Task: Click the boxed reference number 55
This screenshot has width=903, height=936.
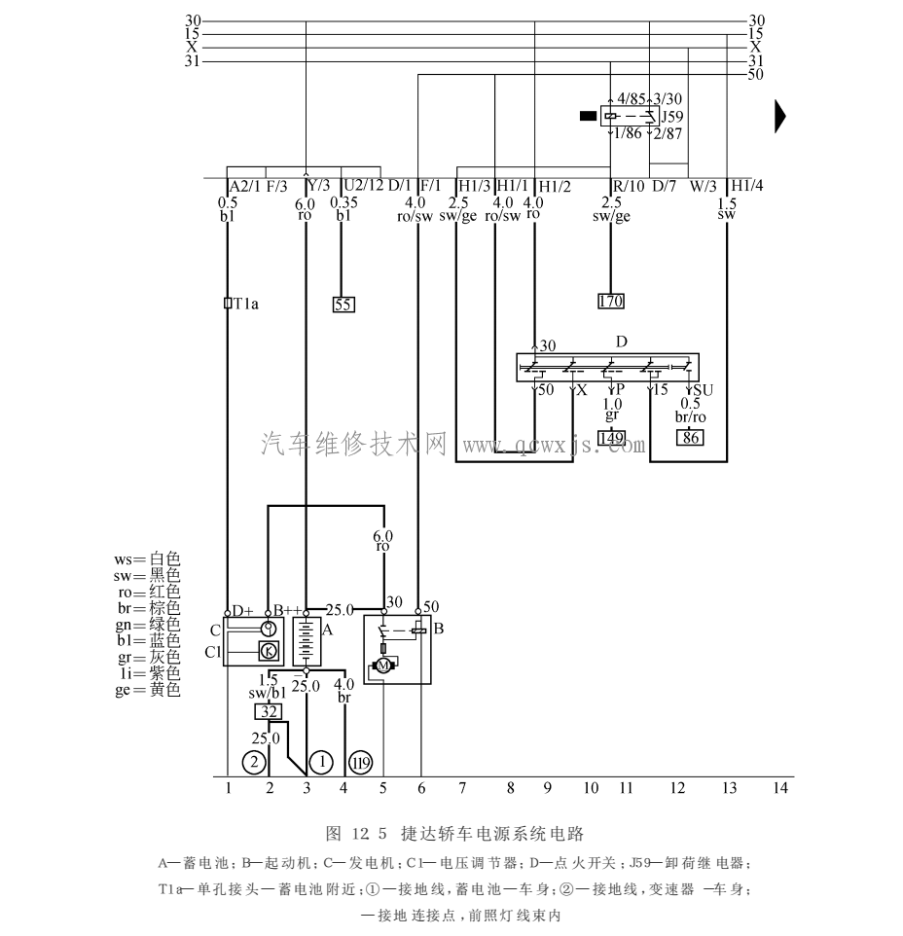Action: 343,304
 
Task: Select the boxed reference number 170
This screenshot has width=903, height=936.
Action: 610,301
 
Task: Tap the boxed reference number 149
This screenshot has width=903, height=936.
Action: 611,437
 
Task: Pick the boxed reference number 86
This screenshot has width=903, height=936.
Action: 690,437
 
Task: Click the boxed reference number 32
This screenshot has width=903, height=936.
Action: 268,711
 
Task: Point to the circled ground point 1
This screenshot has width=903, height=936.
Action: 320,761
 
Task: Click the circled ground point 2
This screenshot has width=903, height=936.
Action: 253,761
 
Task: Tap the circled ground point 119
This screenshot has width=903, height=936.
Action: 361,761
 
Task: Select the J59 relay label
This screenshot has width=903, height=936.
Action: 672,116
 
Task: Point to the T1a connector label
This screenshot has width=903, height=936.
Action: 243,303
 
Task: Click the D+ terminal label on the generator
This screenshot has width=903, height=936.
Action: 241,609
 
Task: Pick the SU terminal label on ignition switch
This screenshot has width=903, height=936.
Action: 703,390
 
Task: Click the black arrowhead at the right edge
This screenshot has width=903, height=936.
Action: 779,116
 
